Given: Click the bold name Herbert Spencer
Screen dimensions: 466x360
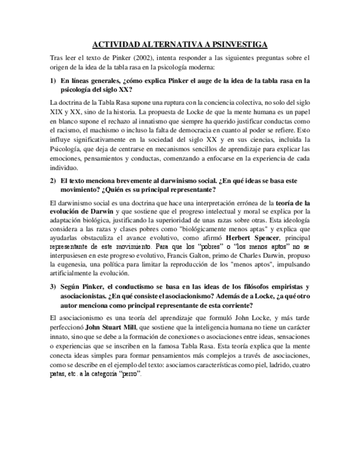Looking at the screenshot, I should [x=253, y=237].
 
